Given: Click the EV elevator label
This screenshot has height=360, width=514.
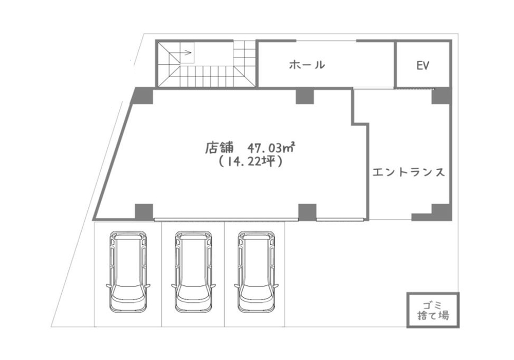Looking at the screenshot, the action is tap(423, 66).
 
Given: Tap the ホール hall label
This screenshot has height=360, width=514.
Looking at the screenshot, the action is tap(307, 65).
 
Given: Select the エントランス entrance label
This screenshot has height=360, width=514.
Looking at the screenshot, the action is tap(409, 172).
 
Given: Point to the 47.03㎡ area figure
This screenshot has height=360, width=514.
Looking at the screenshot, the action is tap(270, 148).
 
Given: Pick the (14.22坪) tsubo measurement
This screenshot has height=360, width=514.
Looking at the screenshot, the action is tap(250, 161).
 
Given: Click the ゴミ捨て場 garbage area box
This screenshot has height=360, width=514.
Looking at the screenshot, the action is tap(433, 310).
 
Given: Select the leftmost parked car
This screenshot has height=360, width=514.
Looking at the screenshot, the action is tap(128, 272).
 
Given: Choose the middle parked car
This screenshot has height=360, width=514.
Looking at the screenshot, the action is tap(193, 272).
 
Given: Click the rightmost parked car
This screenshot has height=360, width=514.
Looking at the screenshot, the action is tap(256, 272).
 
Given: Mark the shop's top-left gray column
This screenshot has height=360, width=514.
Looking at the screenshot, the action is tap(142, 96).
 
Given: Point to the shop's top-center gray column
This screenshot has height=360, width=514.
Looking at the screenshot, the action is tap(305, 96).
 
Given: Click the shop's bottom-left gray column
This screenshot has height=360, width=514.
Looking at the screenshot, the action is tap(144, 212).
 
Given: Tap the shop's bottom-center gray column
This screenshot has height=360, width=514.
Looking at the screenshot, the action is tap(307, 212).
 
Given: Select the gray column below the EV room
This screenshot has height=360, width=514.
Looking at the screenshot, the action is tap(442, 96).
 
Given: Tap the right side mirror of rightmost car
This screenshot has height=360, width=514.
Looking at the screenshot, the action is tap(277, 285).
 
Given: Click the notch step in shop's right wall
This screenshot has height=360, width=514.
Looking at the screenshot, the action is tap(361, 123).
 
